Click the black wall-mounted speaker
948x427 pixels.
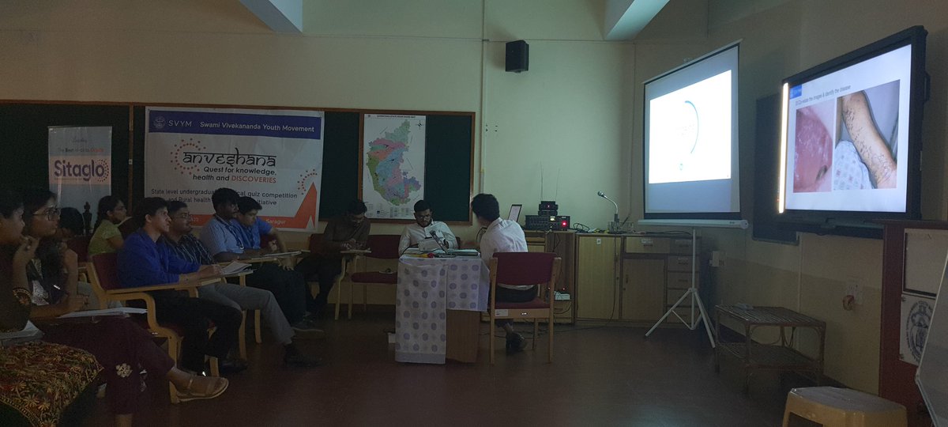click(517, 55)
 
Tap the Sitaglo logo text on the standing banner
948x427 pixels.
click(80, 170)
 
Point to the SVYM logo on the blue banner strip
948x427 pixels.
click(160, 123)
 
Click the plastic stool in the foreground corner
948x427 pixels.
click(844, 409)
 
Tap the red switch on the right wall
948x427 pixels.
click(848, 300)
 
